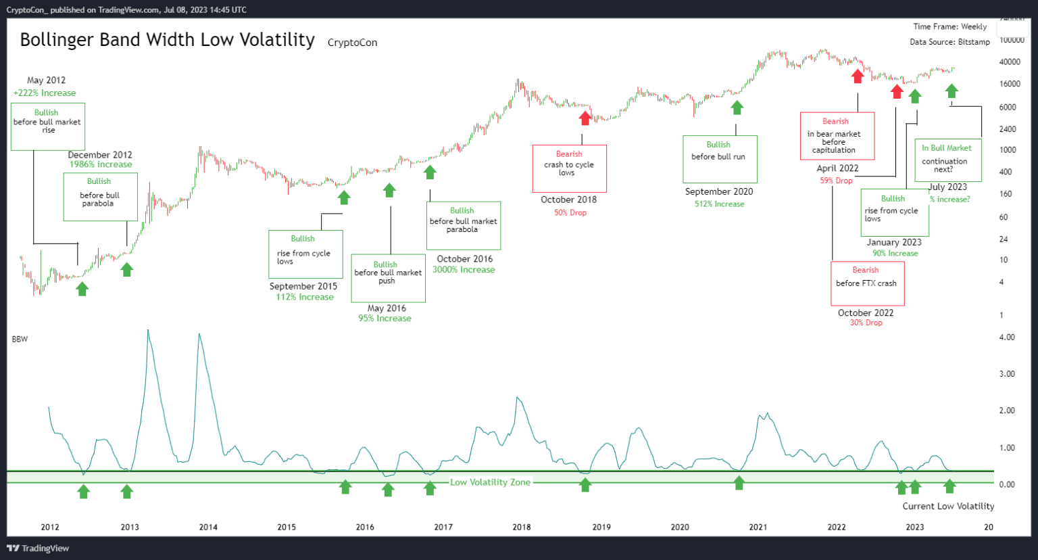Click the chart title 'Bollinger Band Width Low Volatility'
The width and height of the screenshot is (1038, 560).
[x=167, y=40]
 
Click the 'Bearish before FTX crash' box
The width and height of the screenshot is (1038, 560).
[x=867, y=283]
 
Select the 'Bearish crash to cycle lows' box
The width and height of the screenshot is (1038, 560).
[x=569, y=168]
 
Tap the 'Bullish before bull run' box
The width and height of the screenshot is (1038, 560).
[x=719, y=159]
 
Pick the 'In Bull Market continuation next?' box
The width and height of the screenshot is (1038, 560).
[x=947, y=160]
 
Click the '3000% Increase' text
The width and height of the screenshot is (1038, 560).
[x=464, y=270]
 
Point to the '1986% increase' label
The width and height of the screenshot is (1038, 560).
[x=101, y=164]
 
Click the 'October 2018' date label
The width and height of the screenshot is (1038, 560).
[x=568, y=200]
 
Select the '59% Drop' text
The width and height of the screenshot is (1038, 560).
[x=836, y=181]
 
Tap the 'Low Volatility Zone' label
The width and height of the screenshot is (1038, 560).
[x=490, y=482]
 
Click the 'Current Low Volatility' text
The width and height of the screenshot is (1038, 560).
[x=948, y=506]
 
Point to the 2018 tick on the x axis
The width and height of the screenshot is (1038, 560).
[x=521, y=527]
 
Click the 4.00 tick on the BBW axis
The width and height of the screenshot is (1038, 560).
[x=1006, y=337]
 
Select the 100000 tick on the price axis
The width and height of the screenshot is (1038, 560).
[x=1012, y=40]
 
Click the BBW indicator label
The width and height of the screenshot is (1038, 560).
[x=20, y=339]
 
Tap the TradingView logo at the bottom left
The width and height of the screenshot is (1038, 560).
[x=38, y=549]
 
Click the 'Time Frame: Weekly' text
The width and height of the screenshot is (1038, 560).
[x=949, y=26]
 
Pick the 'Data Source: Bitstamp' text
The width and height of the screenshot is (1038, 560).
[x=949, y=42]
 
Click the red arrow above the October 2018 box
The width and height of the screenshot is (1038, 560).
[x=585, y=118]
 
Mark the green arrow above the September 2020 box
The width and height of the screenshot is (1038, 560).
[x=737, y=108]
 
